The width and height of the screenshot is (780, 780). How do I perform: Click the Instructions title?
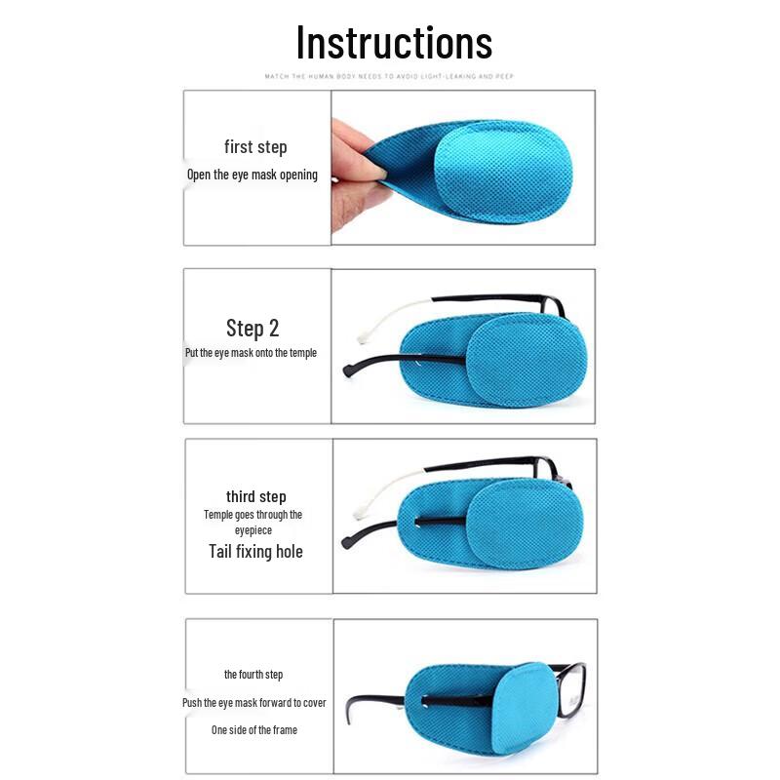coord(394,43)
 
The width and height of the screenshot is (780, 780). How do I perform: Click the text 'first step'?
coord(255,147)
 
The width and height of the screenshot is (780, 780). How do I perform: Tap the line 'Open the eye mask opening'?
coord(253,175)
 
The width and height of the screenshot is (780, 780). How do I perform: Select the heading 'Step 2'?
coord(253,328)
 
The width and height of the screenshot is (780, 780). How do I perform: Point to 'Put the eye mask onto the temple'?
coord(251,353)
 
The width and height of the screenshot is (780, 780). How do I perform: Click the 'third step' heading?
coord(255,496)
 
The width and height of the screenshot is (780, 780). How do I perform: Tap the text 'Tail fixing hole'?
coord(255,551)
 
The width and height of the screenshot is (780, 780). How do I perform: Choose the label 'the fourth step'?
coord(253,675)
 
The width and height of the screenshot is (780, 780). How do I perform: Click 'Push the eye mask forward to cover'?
coord(253,702)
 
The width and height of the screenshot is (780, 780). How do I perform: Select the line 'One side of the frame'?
coord(254,729)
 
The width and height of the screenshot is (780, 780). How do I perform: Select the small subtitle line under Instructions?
coord(389,76)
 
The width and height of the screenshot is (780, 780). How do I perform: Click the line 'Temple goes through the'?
coord(253,514)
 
